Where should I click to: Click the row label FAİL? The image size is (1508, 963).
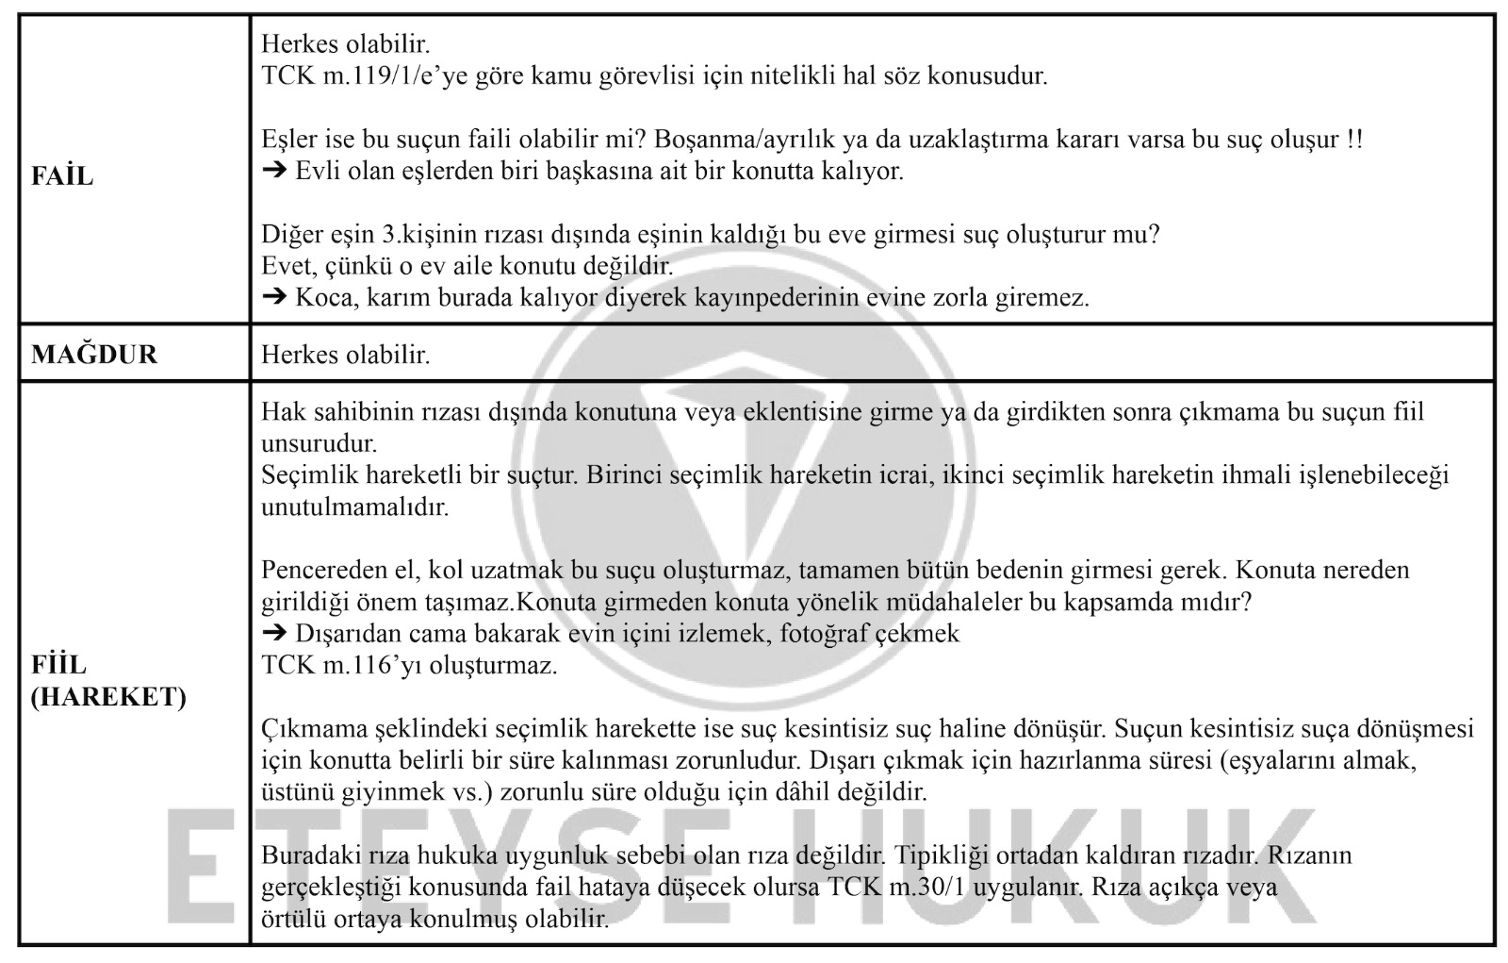tap(62, 176)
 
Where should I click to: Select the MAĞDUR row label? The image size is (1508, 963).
tap(94, 355)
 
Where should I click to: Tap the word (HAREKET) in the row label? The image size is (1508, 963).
tap(108, 697)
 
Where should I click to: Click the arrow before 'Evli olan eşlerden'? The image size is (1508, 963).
tap(273, 172)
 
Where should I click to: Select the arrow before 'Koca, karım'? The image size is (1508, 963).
tap(273, 298)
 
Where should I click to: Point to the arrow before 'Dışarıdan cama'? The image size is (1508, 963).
tap(273, 634)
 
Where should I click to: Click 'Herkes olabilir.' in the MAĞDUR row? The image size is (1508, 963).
tap(345, 355)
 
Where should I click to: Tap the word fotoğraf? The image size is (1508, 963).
tap(824, 634)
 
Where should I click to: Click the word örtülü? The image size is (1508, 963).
tap(292, 919)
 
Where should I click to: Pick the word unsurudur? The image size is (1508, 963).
tap(319, 443)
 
